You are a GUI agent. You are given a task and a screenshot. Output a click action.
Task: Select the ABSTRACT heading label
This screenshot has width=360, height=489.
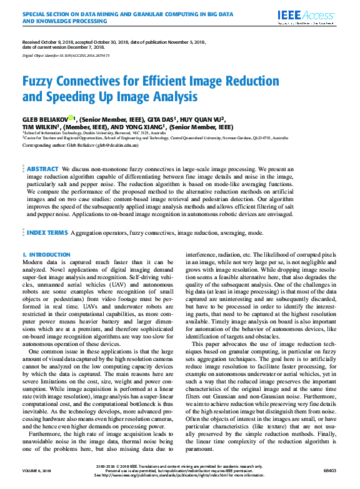coord(43,169)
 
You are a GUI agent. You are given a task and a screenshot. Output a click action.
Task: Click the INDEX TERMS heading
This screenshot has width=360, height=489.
coord(47,232)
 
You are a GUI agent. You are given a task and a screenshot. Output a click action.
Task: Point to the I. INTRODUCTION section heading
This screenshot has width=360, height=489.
coord(46,255)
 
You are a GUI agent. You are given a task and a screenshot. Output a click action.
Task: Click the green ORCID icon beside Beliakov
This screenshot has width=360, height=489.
coord(71,117)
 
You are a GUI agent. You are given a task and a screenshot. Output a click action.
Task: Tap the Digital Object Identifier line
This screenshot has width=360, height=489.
coord(66,56)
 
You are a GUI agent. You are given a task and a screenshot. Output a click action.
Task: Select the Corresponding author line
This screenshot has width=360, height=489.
coord(80,145)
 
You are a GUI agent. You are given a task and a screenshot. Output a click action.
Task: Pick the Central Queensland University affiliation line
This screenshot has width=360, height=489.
coord(156,137)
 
